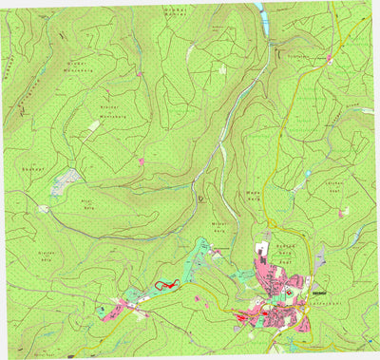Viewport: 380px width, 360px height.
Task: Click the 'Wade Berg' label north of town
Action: (x=253, y=194)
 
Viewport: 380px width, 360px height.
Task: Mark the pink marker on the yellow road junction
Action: (x=329, y=60)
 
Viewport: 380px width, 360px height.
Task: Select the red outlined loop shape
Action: (x=161, y=284)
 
